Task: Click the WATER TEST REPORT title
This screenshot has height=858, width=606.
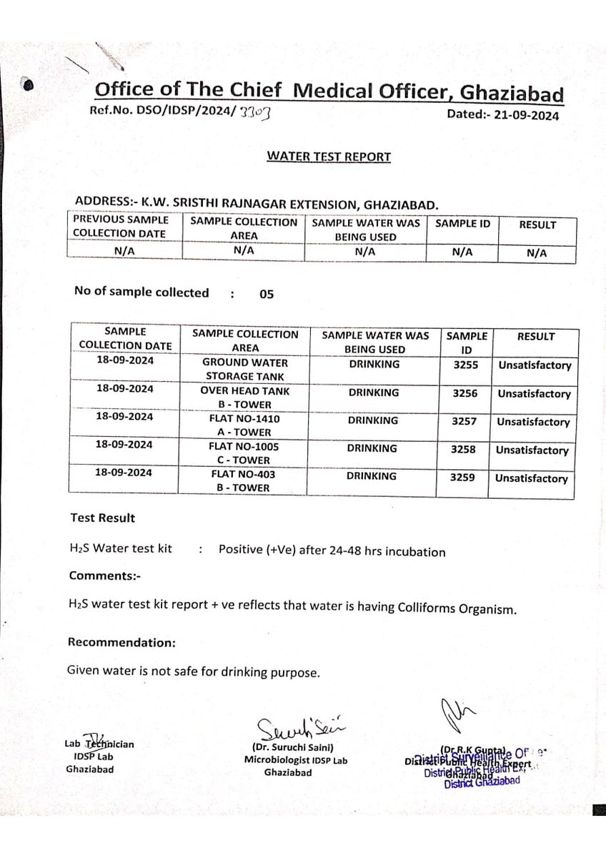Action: coord(329,157)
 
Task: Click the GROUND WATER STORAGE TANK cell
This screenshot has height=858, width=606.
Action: coord(245,370)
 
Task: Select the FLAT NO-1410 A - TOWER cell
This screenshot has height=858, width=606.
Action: coord(245,426)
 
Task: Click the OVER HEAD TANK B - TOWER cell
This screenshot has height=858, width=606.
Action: coord(245,398)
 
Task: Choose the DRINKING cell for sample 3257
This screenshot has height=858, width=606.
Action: coord(373,420)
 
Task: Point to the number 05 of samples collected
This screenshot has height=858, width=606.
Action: coord(267,293)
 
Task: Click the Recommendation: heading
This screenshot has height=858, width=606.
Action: coord(121,642)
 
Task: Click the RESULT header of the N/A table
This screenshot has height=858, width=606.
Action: coord(537,225)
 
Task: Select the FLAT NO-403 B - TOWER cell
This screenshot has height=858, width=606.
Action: coord(245,481)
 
